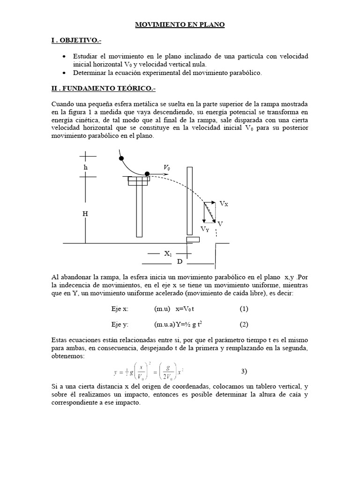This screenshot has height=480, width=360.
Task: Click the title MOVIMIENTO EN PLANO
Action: coord(180,24)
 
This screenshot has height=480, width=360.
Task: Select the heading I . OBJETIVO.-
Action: coord(76,41)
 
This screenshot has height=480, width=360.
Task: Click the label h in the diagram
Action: coord(85,167)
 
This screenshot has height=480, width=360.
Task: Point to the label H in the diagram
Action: coord(85,214)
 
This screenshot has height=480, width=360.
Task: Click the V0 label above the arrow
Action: coord(167,167)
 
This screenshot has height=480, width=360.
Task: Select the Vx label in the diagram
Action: coord(224,203)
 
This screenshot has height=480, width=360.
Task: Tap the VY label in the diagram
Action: coord(205,229)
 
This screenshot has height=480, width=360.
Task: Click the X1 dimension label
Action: coord(168,254)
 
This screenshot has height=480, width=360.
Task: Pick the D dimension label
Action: coord(180,262)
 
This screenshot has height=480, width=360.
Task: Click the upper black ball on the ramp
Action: coord(121,158)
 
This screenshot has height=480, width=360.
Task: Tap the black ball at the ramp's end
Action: coord(147,174)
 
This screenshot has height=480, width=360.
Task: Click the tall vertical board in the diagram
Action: coord(189,200)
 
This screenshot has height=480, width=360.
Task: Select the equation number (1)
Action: coord(244,309)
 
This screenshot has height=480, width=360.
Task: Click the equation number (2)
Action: coord(244,324)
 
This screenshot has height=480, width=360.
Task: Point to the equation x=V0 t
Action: coord(185,309)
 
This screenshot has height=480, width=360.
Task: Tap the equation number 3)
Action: coord(244,372)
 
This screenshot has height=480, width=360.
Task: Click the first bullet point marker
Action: coord(64,56)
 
